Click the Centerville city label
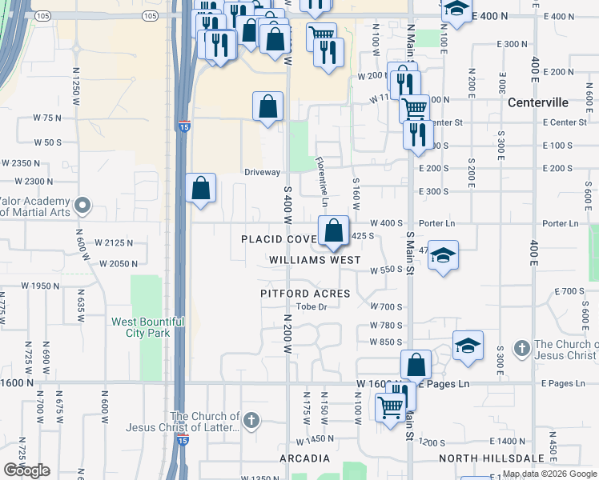(538, 103)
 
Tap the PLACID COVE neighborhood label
(278, 239)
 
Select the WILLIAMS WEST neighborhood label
(315, 260)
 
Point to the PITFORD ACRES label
(305, 294)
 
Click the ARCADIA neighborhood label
(304, 458)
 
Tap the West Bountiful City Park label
(147, 327)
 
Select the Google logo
(26, 470)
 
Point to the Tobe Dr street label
(313, 307)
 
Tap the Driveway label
(263, 172)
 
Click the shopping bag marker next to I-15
(200, 189)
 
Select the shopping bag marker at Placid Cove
(332, 231)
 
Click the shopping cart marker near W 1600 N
(390, 407)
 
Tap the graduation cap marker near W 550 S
(443, 255)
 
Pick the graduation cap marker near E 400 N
(456, 9)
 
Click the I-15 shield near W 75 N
(183, 126)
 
